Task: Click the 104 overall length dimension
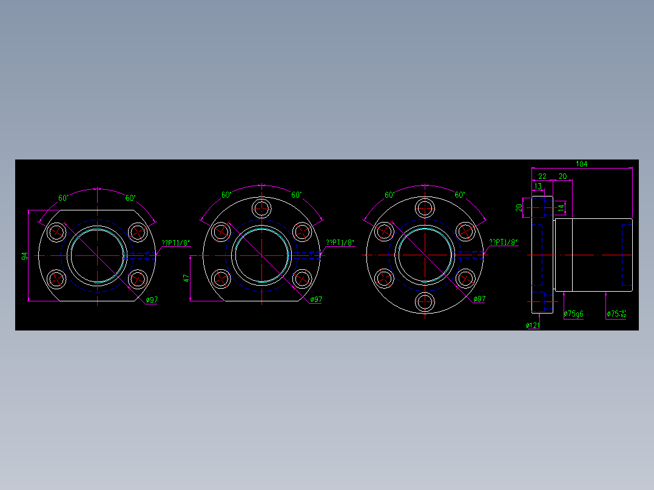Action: [x=581, y=164]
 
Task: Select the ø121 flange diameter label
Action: [x=533, y=326]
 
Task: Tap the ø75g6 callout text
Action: [x=573, y=314]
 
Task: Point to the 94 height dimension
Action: [x=25, y=256]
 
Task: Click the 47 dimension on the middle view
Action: [x=187, y=278]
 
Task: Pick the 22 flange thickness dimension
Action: [x=542, y=176]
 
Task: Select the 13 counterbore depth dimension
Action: [x=538, y=186]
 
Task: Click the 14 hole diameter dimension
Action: [x=561, y=208]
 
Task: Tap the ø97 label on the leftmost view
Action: [x=152, y=300]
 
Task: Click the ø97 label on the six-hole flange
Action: [x=479, y=299]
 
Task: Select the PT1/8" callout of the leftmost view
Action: [x=176, y=243]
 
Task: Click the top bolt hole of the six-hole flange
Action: [x=425, y=208]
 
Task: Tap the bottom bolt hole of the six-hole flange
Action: [x=425, y=301]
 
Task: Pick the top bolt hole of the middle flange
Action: [x=261, y=208]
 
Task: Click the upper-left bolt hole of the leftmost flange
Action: [x=57, y=232]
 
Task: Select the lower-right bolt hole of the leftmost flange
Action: [x=138, y=279]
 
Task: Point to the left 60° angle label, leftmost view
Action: [x=63, y=198]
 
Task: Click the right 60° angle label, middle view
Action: [x=296, y=195]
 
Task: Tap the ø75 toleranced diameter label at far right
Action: [x=616, y=314]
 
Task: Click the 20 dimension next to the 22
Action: [x=562, y=176]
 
